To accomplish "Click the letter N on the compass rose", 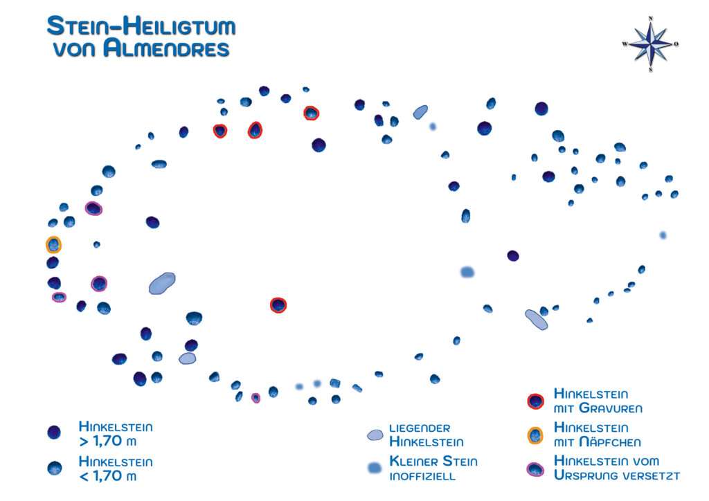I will click(651, 19).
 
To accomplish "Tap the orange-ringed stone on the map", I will click(53, 244).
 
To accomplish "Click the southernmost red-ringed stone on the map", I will click(278, 305).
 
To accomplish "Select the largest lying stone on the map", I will click(162, 283).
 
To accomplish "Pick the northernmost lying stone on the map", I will click(420, 111).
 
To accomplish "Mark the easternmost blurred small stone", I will click(663, 235).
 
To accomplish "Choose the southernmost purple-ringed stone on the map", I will click(255, 398).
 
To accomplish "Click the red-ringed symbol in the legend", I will click(535, 401).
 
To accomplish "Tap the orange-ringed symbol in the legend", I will click(535, 435).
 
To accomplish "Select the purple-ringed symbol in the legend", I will click(535, 468).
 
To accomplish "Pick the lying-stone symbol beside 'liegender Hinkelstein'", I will click(375, 435).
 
